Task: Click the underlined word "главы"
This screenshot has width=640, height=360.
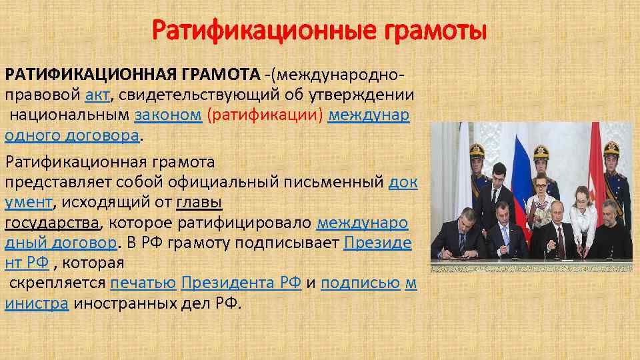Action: pos(199,202)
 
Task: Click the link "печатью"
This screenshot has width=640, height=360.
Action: pos(143,283)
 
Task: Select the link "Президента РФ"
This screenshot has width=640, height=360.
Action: pos(241,283)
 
